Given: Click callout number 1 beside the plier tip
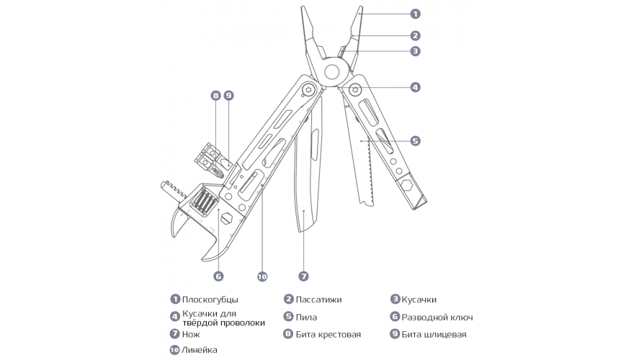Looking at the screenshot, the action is (415, 14).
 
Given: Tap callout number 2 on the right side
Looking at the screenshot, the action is (415, 35).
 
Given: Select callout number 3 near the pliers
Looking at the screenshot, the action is (415, 51).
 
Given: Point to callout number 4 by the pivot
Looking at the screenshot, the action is (415, 87).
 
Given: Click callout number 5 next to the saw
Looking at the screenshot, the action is (415, 140).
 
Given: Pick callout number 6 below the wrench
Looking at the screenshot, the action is (218, 276).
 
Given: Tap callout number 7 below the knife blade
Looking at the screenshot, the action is (303, 276).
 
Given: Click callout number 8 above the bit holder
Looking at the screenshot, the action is (216, 95).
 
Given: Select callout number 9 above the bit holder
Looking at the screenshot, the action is (229, 95).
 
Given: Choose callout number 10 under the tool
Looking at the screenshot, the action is (262, 276).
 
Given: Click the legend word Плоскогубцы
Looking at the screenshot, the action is (210, 300).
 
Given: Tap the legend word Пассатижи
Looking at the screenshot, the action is (318, 300).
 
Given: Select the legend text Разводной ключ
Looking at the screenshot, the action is (437, 318).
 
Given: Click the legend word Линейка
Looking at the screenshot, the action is (200, 350).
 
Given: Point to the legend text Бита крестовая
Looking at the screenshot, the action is (329, 334).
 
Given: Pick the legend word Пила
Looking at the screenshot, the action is (306, 318).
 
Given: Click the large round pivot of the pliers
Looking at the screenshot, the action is (332, 73).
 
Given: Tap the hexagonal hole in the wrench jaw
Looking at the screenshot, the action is (226, 218).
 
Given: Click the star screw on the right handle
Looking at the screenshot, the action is (355, 90).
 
